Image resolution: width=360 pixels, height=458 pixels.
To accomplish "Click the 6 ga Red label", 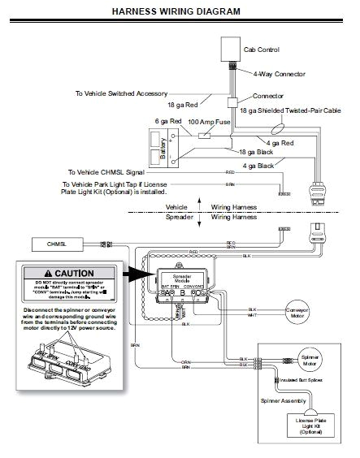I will [x=168, y=121].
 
